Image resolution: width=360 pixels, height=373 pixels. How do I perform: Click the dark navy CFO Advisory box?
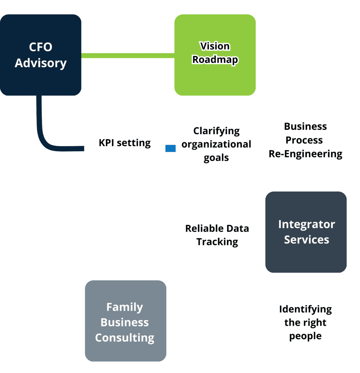[x=40, y=55]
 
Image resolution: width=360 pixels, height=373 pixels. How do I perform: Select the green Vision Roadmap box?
[x=215, y=55]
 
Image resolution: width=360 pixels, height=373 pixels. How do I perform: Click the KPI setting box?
[x=124, y=143]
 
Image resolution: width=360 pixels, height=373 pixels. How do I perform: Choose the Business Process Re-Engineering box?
[x=306, y=141]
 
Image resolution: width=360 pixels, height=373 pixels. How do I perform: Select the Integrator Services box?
[x=306, y=232]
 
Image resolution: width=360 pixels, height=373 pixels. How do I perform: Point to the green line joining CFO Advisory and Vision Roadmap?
[x=128, y=55]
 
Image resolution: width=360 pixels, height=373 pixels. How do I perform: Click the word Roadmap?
[x=215, y=60]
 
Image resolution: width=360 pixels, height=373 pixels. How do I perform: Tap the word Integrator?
[x=306, y=224]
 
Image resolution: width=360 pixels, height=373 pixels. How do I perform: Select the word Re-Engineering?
[x=306, y=154]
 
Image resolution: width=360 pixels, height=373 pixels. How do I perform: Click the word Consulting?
[x=125, y=338]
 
